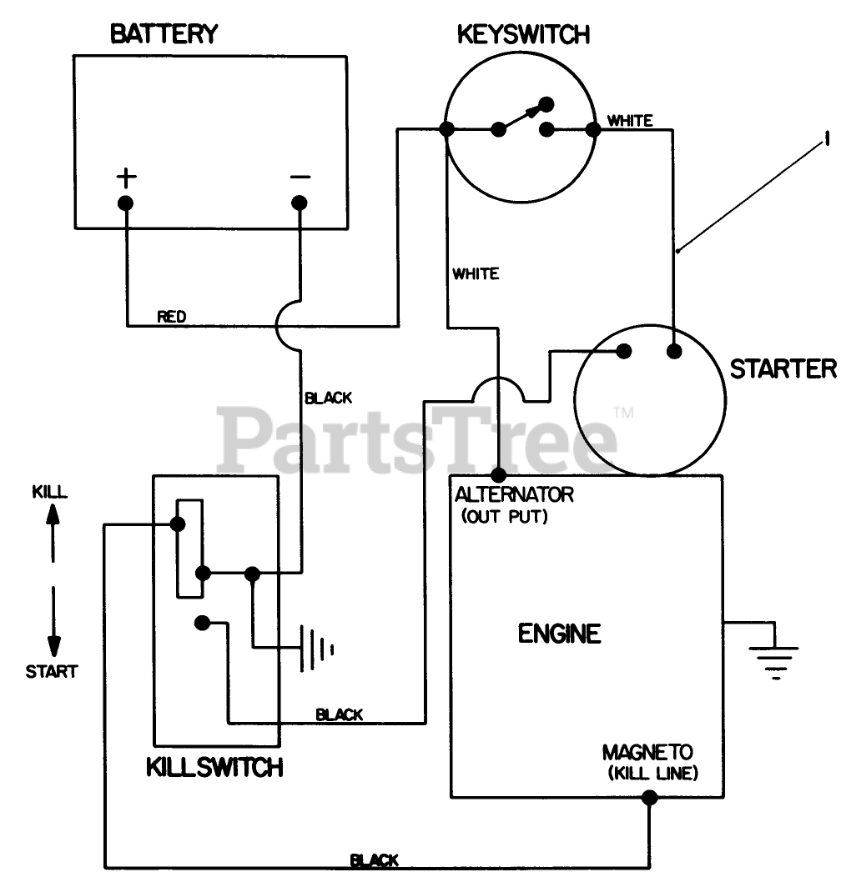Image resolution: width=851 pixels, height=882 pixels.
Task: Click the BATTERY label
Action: (164, 34)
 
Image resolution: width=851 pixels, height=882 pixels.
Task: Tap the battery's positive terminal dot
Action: (126, 203)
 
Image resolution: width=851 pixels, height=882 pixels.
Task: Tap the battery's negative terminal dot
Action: (299, 203)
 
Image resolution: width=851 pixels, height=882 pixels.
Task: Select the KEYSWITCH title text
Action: (523, 34)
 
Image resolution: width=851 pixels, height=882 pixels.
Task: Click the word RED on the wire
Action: (172, 317)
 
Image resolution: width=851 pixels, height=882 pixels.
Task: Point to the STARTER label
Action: (783, 368)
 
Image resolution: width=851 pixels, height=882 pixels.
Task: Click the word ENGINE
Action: (559, 634)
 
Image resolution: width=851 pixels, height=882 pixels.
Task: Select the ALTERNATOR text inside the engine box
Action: (514, 494)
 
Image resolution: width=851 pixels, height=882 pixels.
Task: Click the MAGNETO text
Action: (647, 753)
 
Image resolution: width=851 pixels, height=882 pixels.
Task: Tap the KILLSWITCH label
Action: (214, 767)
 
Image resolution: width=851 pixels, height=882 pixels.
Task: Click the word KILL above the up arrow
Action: (50, 492)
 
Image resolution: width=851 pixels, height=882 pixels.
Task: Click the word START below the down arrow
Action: (51, 671)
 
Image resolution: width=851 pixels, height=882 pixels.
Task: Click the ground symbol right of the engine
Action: (775, 655)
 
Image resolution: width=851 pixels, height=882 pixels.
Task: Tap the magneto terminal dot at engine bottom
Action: (649, 798)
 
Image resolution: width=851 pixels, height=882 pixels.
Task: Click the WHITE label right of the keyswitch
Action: (630, 121)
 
